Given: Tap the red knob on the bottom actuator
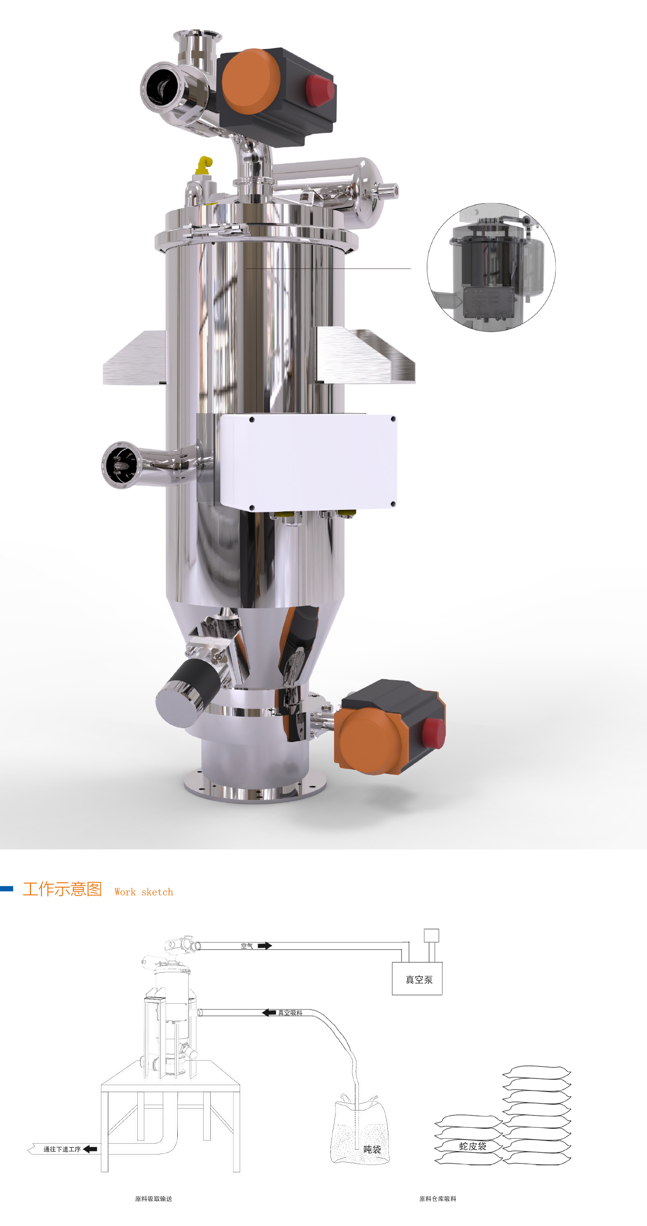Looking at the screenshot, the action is [433, 733].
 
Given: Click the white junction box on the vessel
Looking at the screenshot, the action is [309, 462].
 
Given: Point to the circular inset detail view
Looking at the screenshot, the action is [491, 267].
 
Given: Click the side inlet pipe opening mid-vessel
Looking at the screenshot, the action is [121, 464].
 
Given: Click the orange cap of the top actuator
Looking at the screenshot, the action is [251, 81].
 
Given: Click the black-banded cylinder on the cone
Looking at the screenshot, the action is [188, 686].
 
